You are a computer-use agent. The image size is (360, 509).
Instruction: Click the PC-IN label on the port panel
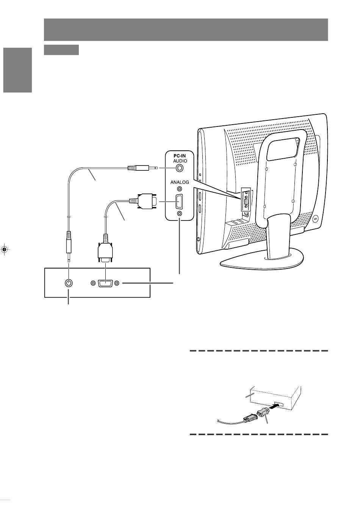pos(179,155)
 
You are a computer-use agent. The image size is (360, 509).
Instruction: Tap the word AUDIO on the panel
pos(179,161)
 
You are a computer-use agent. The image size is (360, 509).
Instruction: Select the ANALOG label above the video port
pos(179,182)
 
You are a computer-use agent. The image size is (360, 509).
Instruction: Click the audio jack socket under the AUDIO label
pos(179,168)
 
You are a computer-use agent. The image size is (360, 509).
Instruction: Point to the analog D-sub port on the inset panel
pos(179,201)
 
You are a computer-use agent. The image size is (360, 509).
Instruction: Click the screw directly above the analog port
pos(179,189)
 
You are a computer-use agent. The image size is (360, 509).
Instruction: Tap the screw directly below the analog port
pos(179,214)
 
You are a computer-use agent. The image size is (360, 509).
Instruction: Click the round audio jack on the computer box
pos(69,283)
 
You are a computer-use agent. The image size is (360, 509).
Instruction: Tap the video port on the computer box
pos(104,283)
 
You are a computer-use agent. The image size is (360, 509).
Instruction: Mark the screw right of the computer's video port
pos(117,283)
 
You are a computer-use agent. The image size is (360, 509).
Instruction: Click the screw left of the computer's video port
pos(92,283)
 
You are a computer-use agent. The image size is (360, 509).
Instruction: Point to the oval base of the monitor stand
pos(261,261)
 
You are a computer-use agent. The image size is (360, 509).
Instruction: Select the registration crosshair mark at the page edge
pos(5,249)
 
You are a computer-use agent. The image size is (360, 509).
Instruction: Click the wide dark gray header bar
pos(186,30)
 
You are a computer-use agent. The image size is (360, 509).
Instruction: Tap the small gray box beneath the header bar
pos(61,50)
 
